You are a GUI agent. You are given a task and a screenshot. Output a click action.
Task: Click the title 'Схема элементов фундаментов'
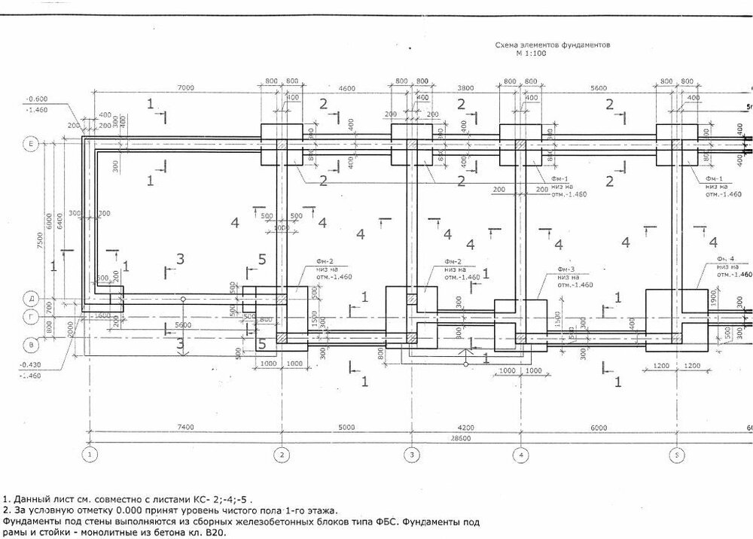coord(552,46)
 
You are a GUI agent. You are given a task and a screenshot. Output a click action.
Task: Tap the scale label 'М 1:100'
coord(531,55)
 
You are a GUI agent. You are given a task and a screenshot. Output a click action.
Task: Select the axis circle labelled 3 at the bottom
coord(411,455)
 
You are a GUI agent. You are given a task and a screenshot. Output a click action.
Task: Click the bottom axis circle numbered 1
coord(90,455)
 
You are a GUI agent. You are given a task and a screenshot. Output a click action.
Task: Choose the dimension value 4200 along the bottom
coord(466,427)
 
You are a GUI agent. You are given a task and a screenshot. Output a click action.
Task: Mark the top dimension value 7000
coord(186,89)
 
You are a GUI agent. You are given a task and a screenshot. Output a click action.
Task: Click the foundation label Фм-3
coord(566,269)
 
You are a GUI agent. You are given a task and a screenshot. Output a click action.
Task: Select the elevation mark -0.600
coord(36,99)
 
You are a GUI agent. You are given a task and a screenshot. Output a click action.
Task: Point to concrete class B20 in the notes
coord(213,531)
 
